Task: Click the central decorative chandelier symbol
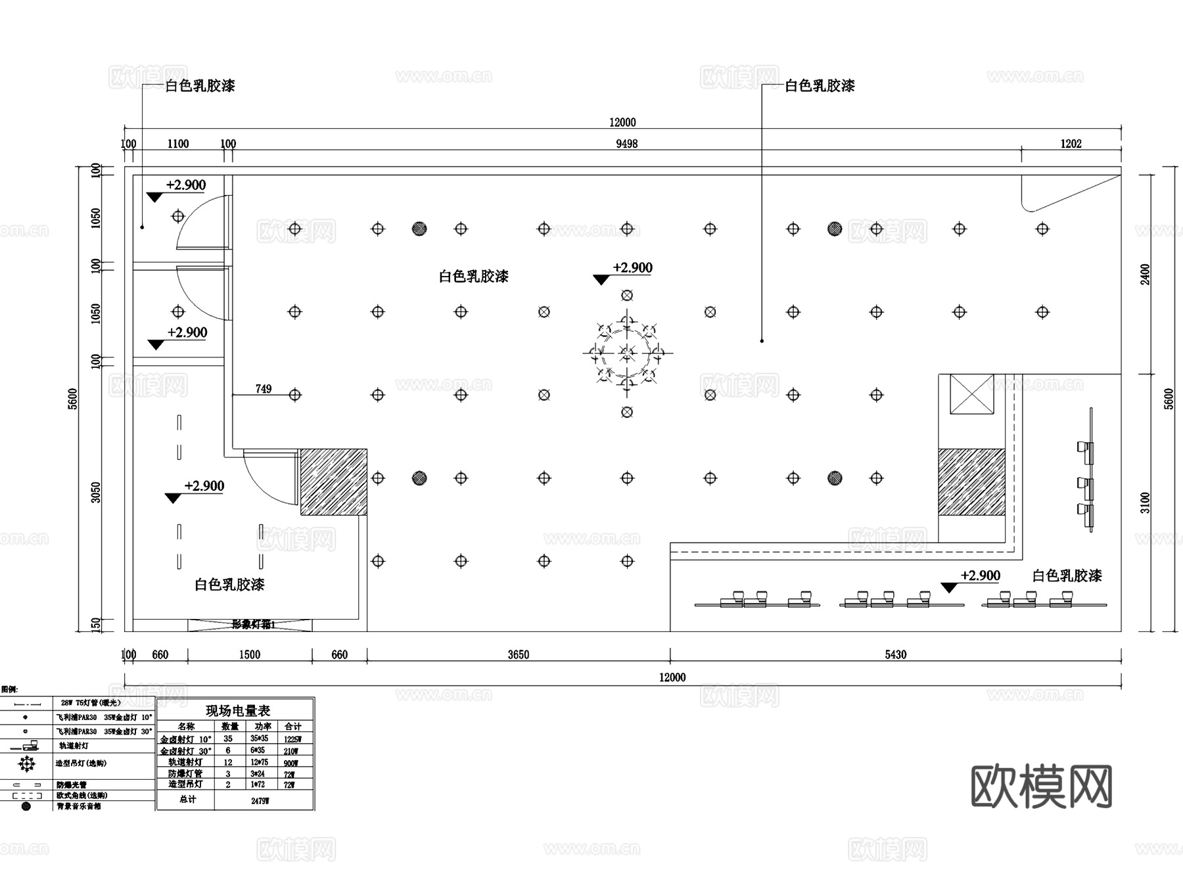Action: click(x=627, y=353)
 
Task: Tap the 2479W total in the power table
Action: click(x=260, y=801)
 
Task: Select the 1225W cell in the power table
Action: click(x=291, y=739)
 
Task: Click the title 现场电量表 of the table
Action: click(x=238, y=710)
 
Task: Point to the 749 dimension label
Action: click(x=263, y=389)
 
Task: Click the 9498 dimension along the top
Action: click(x=626, y=144)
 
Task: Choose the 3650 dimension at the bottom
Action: click(x=518, y=654)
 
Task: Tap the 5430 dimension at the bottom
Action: click(x=895, y=654)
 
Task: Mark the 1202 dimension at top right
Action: click(x=1071, y=144)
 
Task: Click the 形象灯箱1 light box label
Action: click(x=253, y=625)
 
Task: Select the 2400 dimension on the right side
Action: click(x=1146, y=274)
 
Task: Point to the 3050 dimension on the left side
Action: click(x=97, y=492)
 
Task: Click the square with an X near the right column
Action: click(x=971, y=394)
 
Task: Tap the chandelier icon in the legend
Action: click(x=26, y=763)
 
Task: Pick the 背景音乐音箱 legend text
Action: click(x=79, y=806)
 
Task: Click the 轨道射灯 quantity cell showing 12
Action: click(x=228, y=762)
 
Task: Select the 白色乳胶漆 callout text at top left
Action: click(x=200, y=86)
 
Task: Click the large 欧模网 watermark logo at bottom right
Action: click(x=1041, y=786)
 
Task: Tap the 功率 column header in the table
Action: click(x=262, y=726)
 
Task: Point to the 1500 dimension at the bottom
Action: click(x=250, y=654)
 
